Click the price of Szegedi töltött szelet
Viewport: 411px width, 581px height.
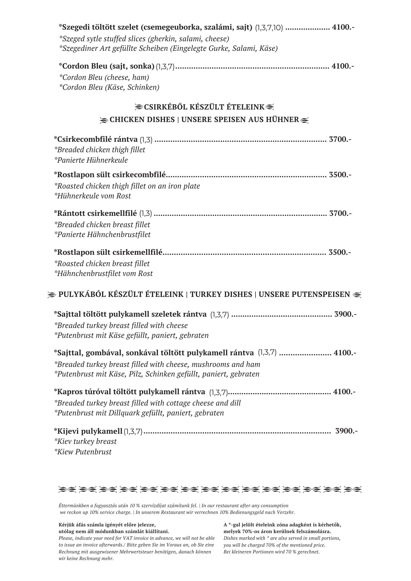tap(343, 28)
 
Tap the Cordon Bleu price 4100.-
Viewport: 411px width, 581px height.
tap(343, 66)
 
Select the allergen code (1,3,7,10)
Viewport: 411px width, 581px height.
tap(269, 28)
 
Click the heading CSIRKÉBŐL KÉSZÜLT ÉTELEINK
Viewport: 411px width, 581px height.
tap(204, 107)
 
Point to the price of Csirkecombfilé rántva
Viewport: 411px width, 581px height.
tap(340, 139)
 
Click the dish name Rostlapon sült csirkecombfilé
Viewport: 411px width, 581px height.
tap(110, 175)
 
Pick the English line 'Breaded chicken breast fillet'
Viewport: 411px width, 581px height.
tap(102, 225)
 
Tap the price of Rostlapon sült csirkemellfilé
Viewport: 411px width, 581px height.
tap(339, 252)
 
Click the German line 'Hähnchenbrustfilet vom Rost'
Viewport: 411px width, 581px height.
tap(103, 273)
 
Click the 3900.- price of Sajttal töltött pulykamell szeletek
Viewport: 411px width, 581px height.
tap(346, 314)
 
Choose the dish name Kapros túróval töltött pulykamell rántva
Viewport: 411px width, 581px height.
tap(130, 392)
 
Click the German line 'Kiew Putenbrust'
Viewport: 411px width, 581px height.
tap(83, 452)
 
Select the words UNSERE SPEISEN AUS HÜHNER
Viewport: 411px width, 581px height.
tap(240, 120)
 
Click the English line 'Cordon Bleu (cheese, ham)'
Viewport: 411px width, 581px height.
tap(104, 77)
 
